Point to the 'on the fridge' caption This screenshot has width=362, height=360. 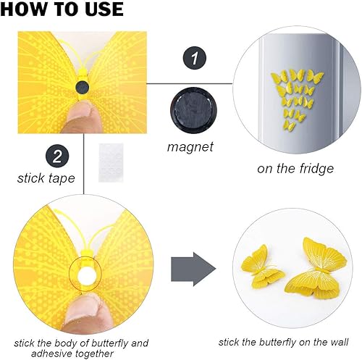point(295,168)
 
